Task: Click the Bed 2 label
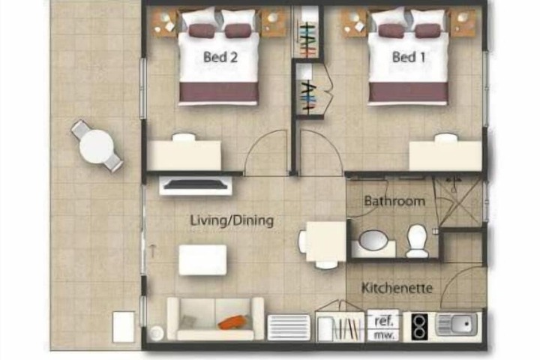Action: [x=220, y=57]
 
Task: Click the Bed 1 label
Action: [x=409, y=57]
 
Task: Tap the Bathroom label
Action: [x=394, y=201]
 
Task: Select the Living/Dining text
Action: [x=232, y=220]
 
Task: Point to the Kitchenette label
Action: [x=397, y=288]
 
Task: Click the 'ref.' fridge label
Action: [x=384, y=322]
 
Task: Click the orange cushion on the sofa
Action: [x=233, y=322]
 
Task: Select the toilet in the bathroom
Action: [x=417, y=241]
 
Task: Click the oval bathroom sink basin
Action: [x=373, y=240]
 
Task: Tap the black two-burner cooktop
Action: [x=420, y=326]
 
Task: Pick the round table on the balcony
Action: [x=97, y=145]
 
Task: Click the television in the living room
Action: [x=196, y=185]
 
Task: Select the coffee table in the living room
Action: [x=202, y=259]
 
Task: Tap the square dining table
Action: [x=326, y=241]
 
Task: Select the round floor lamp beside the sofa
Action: [x=156, y=333]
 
